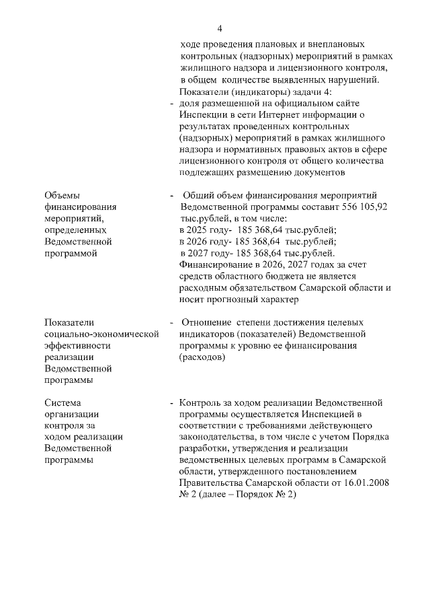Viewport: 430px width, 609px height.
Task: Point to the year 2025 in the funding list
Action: click(201, 230)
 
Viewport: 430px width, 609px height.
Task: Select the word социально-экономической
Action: click(101, 334)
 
